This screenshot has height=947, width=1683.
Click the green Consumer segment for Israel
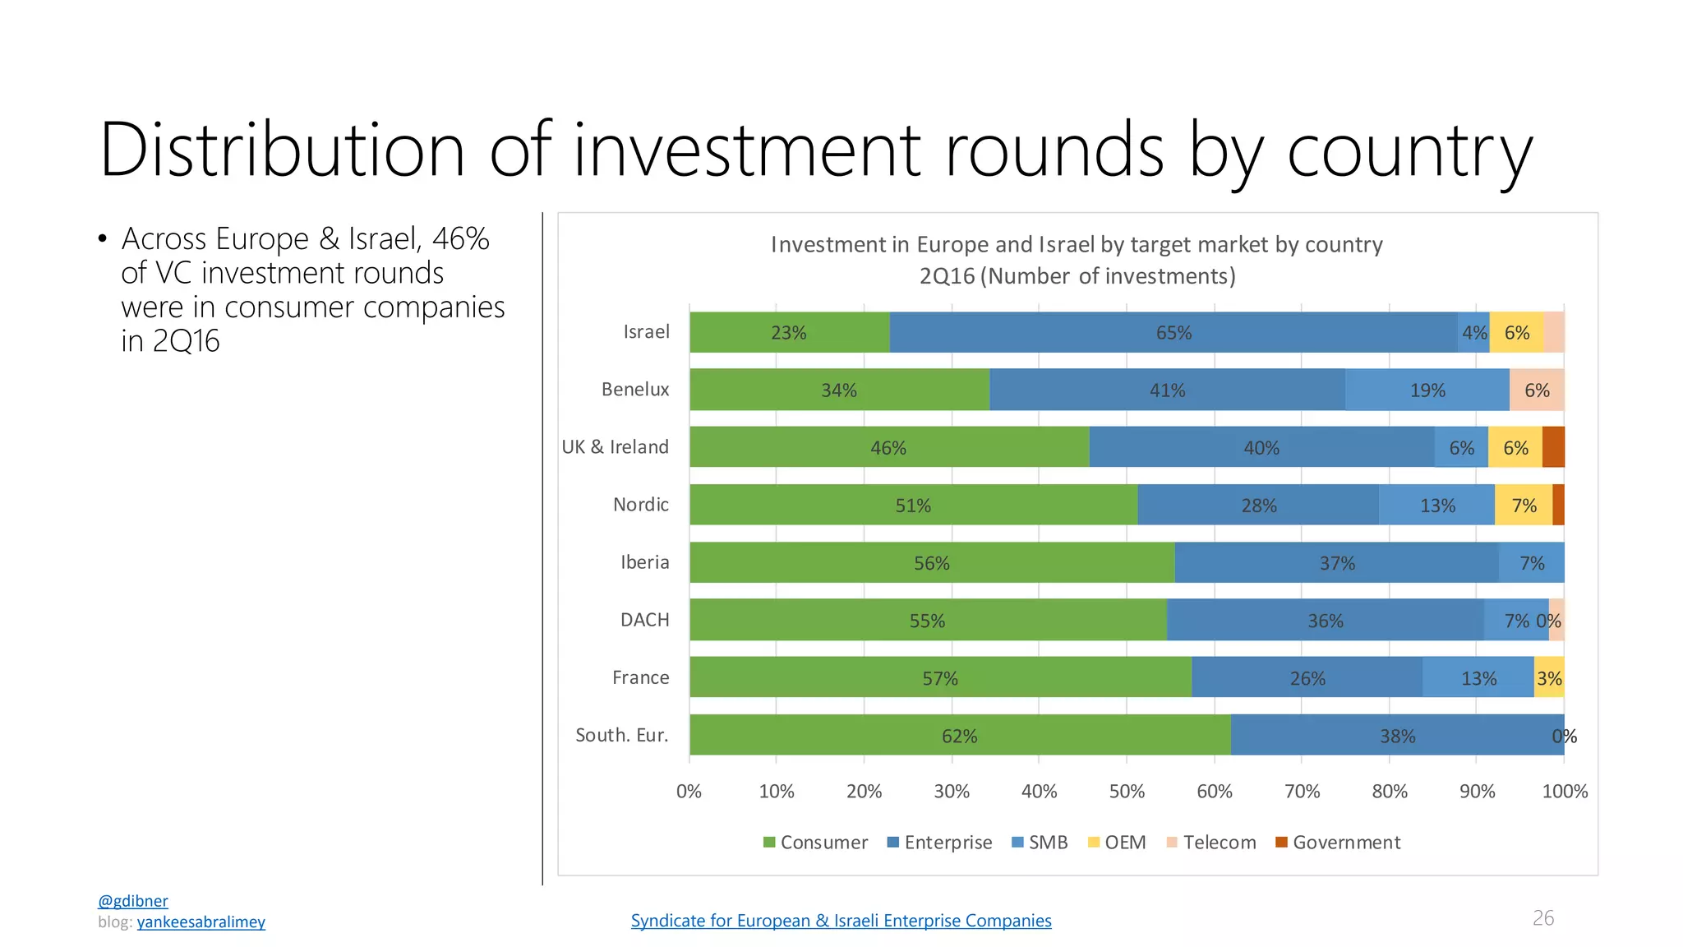tap(790, 332)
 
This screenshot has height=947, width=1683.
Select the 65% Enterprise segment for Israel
tap(1173, 332)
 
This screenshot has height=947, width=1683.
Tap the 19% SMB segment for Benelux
tap(1427, 390)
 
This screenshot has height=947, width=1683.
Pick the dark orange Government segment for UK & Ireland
tap(1553, 447)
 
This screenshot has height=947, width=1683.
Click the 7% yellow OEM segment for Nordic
tap(1524, 505)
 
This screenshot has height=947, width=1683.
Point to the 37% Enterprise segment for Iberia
tap(1337, 562)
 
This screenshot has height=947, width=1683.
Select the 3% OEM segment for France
tap(1549, 677)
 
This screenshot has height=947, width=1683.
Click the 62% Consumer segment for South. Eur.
tap(961, 735)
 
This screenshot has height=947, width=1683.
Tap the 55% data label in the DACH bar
tap(927, 621)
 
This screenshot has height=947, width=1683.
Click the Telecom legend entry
tap(1211, 843)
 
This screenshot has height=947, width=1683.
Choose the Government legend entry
tap(1338, 843)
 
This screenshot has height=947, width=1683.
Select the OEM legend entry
tap(1117, 843)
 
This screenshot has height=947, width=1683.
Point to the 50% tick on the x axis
tap(1127, 792)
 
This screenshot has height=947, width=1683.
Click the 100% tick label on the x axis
tap(1565, 792)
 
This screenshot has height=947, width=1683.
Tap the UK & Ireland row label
tap(616, 447)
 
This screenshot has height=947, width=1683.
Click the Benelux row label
tap(635, 390)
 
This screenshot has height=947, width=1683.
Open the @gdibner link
tap(133, 901)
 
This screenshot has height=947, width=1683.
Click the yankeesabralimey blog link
tap(201, 922)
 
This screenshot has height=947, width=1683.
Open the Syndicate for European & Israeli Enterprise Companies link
tap(841, 921)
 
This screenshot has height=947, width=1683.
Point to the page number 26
tap(1543, 918)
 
